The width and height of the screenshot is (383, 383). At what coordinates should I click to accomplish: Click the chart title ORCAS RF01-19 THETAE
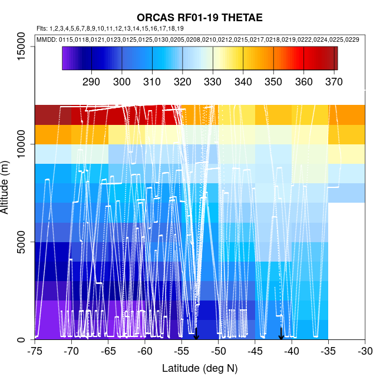191,17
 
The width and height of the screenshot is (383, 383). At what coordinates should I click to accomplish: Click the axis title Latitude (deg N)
200,368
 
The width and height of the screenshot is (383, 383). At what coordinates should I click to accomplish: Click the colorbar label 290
91,81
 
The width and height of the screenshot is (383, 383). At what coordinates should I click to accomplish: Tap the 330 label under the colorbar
213,81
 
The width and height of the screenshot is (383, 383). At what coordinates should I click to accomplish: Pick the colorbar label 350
273,81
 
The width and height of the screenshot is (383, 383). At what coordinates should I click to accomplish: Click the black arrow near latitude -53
196,334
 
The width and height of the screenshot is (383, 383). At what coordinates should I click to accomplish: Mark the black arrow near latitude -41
281,334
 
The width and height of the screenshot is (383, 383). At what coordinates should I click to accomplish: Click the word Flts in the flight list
42,28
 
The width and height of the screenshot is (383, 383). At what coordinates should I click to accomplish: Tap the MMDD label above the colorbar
47,39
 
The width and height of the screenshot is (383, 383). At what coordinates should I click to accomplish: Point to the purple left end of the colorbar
65,58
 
